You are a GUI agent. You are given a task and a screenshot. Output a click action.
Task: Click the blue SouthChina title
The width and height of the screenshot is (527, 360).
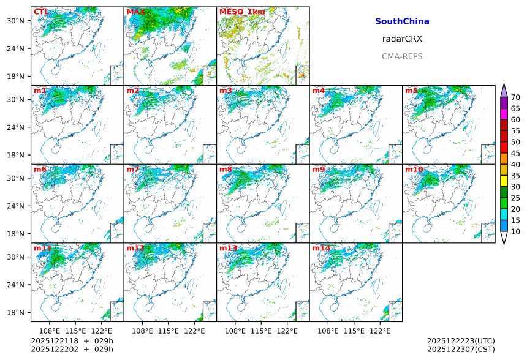[402, 21]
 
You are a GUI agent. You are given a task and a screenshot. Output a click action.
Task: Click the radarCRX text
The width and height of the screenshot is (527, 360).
[402, 39]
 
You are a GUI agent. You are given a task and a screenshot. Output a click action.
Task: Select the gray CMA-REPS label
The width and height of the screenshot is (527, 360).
[402, 56]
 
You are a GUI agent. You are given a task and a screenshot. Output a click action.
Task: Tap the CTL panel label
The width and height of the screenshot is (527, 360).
[41, 12]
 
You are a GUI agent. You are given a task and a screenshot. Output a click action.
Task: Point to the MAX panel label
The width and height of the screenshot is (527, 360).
[135, 12]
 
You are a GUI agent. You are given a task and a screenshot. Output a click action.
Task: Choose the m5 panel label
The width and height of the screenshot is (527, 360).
[411, 91]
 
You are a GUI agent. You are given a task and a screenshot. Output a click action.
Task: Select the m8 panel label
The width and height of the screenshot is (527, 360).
[226, 169]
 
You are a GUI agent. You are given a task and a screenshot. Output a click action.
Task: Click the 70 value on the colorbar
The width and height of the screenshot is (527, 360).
[515, 97]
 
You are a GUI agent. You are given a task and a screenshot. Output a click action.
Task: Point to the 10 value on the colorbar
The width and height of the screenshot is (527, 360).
[515, 231]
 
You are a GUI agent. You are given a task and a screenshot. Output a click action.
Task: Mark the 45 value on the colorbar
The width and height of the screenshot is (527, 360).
[515, 153]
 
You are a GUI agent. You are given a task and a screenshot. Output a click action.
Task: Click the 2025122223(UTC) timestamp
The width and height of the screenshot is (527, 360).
[461, 341]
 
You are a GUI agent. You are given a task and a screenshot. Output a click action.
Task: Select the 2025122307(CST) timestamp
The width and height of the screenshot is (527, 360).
[461, 349]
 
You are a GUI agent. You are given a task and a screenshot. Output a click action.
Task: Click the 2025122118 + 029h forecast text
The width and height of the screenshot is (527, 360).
[72, 341]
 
